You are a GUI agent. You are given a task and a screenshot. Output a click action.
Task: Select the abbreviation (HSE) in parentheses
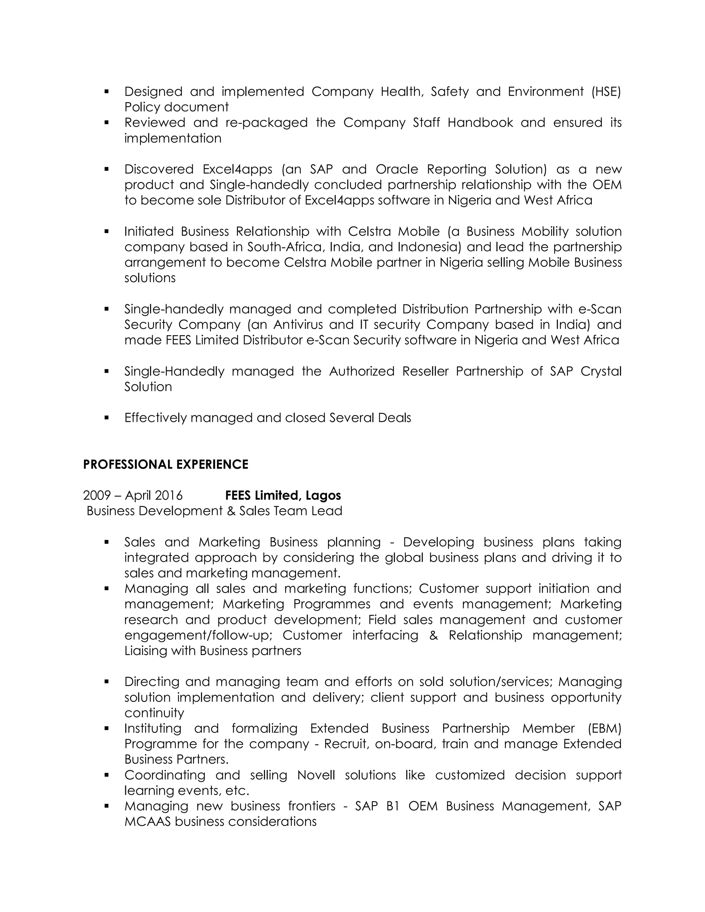click(606, 92)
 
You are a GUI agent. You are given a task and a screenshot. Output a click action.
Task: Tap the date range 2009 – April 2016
click(133, 495)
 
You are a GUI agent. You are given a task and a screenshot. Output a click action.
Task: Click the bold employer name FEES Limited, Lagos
click(283, 495)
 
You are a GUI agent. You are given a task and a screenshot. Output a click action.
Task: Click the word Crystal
click(601, 371)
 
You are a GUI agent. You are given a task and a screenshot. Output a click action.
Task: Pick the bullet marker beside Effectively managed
click(106, 417)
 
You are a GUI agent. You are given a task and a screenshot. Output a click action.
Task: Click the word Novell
click(316, 775)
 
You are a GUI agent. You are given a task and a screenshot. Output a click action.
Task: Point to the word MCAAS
click(147, 821)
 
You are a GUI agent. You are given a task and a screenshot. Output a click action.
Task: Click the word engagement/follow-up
click(198, 635)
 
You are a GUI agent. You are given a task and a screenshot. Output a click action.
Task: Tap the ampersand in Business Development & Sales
click(231, 511)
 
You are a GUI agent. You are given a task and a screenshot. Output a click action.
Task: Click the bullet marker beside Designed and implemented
click(106, 92)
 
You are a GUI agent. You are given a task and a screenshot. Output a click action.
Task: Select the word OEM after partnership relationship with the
click(607, 184)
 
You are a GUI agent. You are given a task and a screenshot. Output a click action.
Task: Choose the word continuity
click(154, 713)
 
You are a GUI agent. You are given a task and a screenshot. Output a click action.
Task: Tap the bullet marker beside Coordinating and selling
click(106, 775)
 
